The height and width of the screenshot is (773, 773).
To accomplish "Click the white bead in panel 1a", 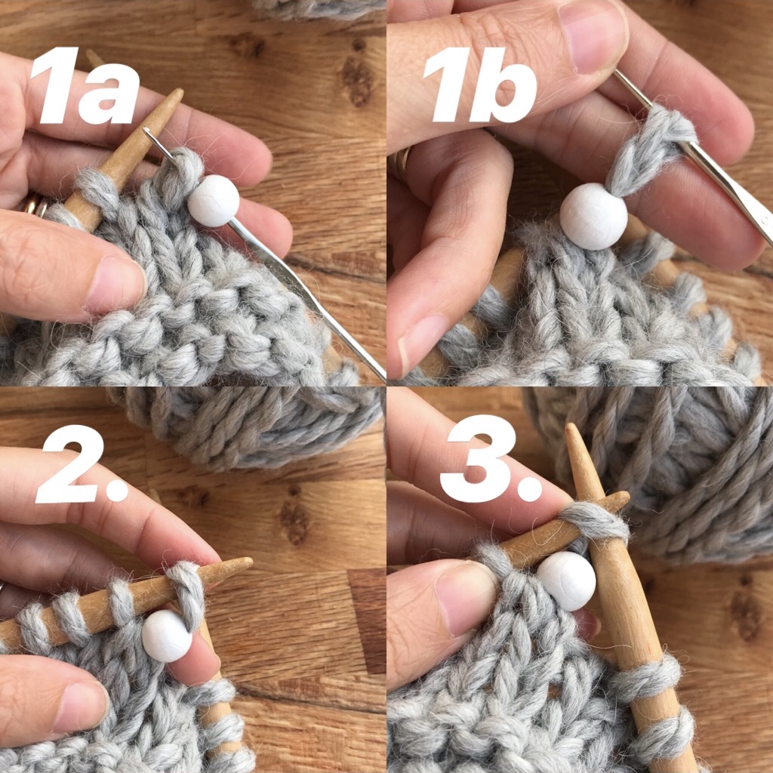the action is click(214, 201).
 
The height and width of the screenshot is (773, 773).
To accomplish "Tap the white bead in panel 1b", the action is click(593, 216).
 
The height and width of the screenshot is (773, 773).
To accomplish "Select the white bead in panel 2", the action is click(167, 636).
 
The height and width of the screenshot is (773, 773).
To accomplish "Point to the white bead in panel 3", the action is click(566, 581).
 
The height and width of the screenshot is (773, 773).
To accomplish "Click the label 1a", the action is click(85, 85).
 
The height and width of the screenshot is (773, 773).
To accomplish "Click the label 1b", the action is click(479, 85).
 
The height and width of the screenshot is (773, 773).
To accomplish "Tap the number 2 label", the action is click(82, 464).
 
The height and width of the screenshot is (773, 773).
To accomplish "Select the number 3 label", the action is click(491, 458).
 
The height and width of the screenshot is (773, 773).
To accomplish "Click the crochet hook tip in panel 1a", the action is click(146, 130).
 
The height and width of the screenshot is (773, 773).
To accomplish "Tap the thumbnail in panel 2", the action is click(81, 706).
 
